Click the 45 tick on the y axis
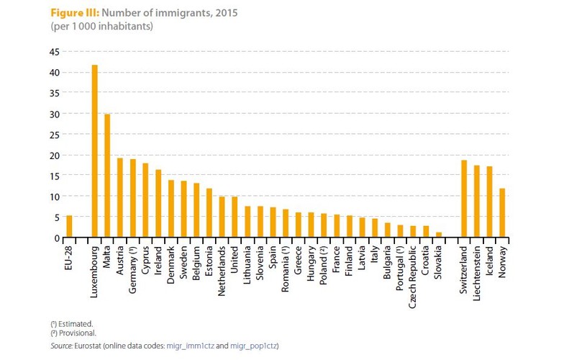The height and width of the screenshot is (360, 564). click(x=54, y=52)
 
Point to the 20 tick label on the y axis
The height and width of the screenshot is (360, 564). click(x=54, y=155)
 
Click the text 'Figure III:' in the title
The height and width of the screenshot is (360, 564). click(x=75, y=14)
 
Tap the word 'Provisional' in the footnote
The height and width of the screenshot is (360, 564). click(x=77, y=335)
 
